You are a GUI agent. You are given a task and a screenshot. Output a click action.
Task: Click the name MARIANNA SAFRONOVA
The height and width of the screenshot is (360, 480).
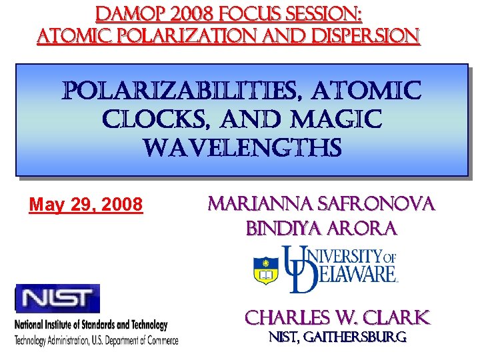[x=321, y=203]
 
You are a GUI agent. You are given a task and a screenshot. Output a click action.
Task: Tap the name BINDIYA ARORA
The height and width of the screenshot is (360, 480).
[x=321, y=229]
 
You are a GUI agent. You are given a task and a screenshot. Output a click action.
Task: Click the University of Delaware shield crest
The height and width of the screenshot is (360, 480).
[x=266, y=270]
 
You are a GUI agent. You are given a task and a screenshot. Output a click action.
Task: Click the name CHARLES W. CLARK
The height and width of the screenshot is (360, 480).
[x=337, y=317]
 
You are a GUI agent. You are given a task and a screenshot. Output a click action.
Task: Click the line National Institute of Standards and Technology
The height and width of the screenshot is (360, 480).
[x=91, y=325]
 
